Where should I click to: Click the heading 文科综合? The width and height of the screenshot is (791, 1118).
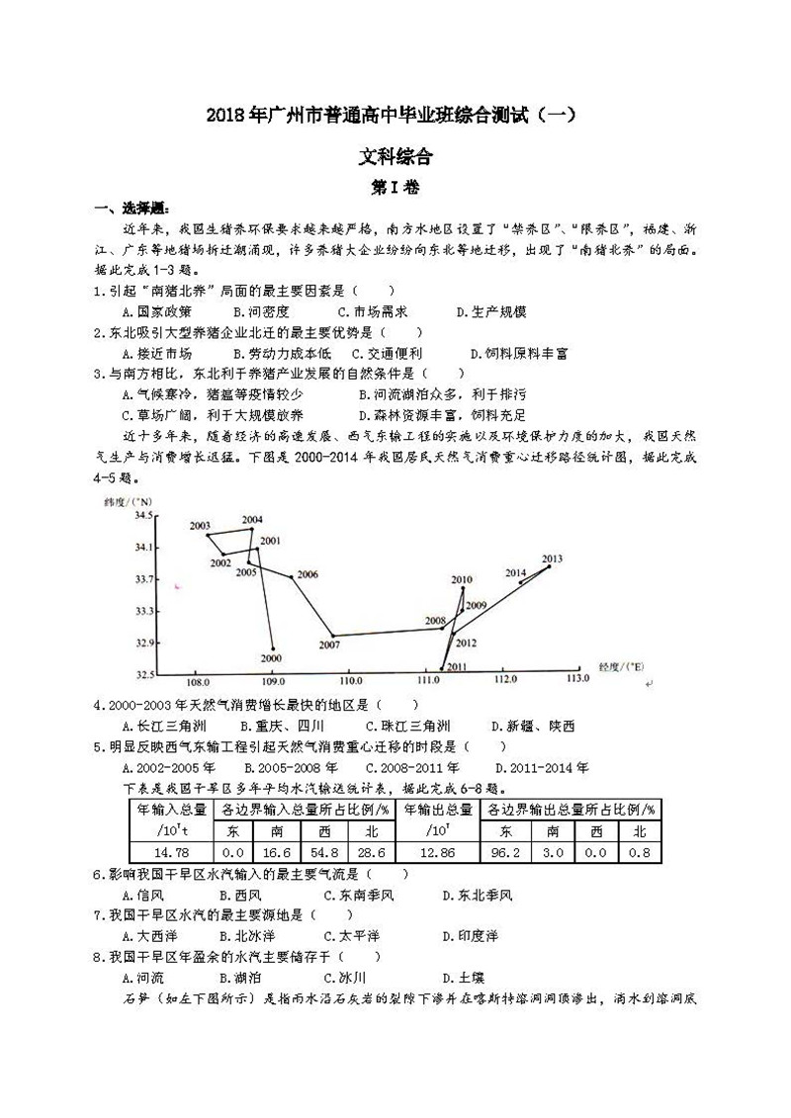(x=395, y=155)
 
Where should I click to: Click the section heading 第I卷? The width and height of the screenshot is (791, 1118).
(x=395, y=185)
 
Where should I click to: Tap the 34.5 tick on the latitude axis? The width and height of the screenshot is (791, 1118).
(x=143, y=516)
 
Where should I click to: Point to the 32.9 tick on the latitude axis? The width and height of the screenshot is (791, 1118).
(x=143, y=643)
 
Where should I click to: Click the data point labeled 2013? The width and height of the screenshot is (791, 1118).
(x=549, y=566)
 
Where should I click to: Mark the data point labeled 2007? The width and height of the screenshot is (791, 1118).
(x=333, y=636)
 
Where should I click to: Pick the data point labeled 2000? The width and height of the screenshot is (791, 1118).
(x=273, y=648)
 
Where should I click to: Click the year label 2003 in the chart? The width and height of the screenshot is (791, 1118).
(x=200, y=525)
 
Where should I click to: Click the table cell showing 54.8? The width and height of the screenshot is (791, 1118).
(x=322, y=851)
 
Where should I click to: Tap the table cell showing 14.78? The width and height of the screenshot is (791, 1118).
(x=173, y=851)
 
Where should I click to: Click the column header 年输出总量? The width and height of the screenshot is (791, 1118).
(x=436, y=809)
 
